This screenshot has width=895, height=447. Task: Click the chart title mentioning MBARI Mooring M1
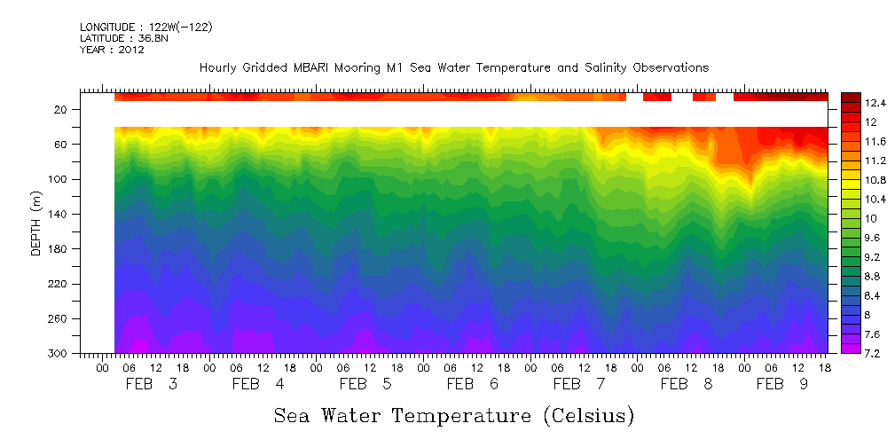453,67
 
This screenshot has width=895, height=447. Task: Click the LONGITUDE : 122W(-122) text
145,27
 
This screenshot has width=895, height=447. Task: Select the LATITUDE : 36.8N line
123,38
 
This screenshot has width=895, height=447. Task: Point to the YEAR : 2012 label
112,50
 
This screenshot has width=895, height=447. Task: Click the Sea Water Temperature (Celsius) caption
453,415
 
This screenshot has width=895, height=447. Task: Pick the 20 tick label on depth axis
61,110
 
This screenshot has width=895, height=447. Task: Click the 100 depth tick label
59,179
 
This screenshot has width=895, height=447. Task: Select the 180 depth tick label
59,249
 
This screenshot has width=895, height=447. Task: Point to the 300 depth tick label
59,354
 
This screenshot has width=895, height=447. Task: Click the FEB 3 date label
151,384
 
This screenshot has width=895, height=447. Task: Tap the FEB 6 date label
472,384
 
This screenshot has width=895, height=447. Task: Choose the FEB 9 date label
781,384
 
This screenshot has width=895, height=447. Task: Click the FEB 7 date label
578,384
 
